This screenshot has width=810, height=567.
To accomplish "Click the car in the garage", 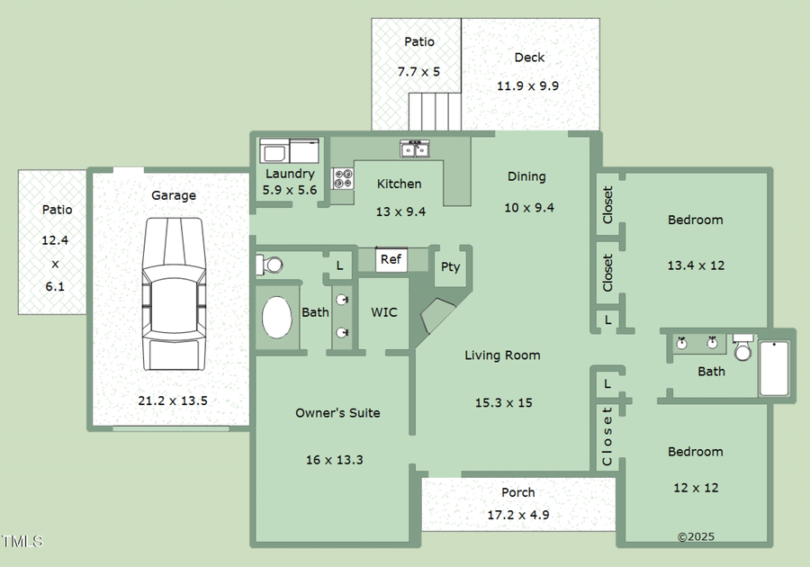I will point(173,293).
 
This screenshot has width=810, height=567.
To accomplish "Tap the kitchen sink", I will point(414,148).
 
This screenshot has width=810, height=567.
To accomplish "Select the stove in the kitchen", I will point(343,178).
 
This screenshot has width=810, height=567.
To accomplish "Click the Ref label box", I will point(391,259).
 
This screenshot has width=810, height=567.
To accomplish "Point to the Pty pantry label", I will point(450,266).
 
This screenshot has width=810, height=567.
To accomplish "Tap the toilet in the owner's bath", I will point(269,265).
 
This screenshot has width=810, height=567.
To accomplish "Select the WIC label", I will point(384,312).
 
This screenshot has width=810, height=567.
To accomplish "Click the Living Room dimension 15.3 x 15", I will point(503,402).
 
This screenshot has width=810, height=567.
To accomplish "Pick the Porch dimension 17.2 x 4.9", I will point(517,516).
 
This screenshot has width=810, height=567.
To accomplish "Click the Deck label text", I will point(529,58).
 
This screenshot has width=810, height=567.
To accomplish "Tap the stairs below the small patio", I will point(427,112).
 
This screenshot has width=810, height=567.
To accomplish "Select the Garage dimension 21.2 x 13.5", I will point(173,400).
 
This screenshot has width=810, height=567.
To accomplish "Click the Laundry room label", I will point(290,174).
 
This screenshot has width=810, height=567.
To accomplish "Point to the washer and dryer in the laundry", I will point(289,149).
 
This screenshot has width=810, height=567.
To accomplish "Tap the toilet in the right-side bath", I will point(742,347).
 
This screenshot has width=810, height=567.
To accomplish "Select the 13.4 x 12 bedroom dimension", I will point(695,265).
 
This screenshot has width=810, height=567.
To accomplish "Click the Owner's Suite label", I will point(337,413).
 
